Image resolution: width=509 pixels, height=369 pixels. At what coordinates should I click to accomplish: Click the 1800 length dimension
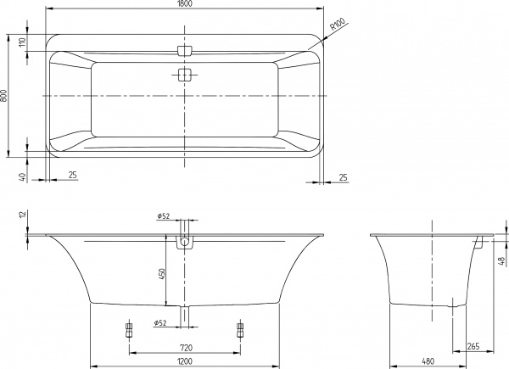tap(184, 6)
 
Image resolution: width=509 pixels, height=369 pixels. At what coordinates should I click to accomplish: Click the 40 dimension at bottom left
tap(21, 176)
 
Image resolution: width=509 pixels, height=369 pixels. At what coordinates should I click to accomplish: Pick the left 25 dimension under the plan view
tap(72, 176)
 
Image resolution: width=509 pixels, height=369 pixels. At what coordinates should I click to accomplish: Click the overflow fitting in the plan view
tap(185, 50)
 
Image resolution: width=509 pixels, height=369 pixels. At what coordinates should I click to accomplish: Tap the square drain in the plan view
tap(185, 75)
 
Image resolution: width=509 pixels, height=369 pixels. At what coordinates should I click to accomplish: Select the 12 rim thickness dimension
tap(21, 216)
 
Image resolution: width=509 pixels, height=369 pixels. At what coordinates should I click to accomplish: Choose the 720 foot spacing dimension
tap(184, 348)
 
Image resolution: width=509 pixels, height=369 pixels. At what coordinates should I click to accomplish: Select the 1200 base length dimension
tap(184, 362)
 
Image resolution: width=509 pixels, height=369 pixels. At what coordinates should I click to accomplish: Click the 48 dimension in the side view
tap(502, 260)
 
